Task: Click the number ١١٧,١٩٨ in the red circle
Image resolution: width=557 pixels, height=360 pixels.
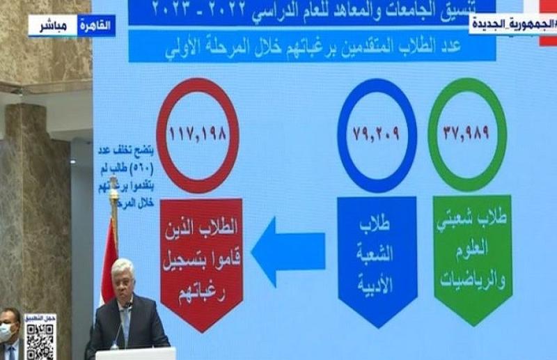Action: pos(197,134)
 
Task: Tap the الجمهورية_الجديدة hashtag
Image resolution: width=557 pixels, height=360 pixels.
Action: pos(512,24)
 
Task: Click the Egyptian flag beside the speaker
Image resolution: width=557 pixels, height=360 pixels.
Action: pos(109,261)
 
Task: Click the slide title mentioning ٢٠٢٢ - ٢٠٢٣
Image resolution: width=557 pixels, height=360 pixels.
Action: pos(313,9)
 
